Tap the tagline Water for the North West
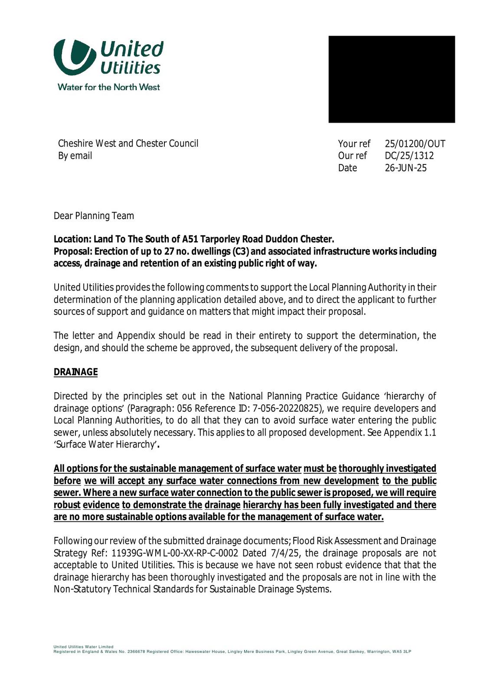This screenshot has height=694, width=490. click(109, 87)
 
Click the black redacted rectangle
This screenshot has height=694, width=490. click(392, 79)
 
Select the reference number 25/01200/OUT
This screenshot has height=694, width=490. click(415, 144)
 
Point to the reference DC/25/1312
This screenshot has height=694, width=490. click(409, 156)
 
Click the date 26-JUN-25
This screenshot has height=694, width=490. click(405, 168)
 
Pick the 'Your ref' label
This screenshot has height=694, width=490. click(354, 144)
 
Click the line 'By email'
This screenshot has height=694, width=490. click(75, 156)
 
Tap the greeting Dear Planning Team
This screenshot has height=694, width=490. click(94, 216)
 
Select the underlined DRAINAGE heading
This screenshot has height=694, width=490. click(75, 372)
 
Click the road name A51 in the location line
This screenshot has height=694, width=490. click(191, 239)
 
